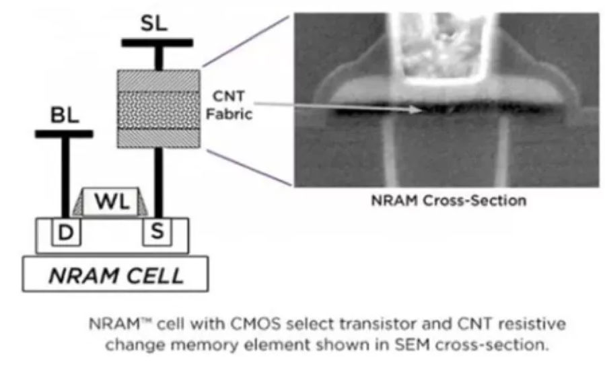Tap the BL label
point(65,116)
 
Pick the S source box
point(158,233)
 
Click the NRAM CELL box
point(115,275)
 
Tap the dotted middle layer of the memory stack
point(158,108)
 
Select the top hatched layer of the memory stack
point(158,80)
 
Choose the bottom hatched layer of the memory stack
point(158,137)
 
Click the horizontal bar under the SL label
point(157,42)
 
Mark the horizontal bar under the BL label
point(64,134)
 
